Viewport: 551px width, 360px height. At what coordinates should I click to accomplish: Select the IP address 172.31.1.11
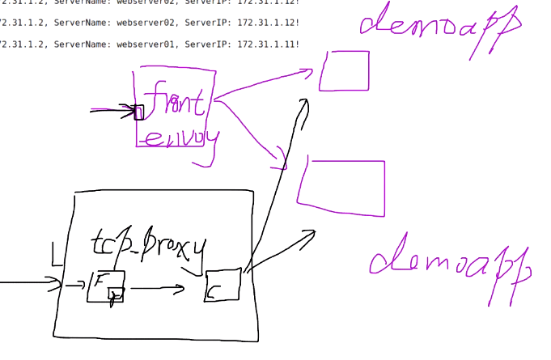tap(265, 43)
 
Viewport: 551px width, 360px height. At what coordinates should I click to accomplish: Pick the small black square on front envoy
tap(138, 112)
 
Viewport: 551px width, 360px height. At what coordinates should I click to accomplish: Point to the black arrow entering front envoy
tap(113, 110)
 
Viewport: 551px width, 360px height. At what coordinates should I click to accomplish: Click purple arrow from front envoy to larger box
tap(251, 133)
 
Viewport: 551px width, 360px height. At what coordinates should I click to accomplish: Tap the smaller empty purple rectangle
tap(345, 71)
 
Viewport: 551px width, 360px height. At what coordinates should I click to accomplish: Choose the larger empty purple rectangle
tap(341, 188)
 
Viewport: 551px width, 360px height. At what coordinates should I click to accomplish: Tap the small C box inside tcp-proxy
tap(223, 285)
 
